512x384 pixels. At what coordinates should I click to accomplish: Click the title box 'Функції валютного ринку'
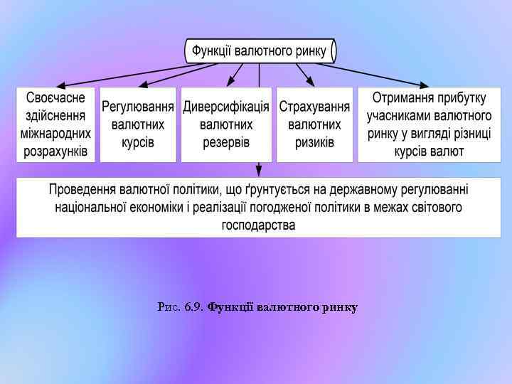click(x=260, y=51)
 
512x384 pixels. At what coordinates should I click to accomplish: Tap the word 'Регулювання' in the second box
click(x=138, y=107)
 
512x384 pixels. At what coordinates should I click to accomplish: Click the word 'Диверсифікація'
click(x=226, y=107)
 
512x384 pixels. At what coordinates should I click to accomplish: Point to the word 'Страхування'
click(x=314, y=107)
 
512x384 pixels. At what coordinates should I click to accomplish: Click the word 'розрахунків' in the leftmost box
click(x=55, y=151)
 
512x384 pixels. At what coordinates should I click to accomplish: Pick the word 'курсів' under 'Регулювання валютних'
click(x=138, y=142)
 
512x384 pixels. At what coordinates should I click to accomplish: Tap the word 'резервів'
click(x=226, y=142)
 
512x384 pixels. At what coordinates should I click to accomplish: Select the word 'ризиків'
click(x=314, y=142)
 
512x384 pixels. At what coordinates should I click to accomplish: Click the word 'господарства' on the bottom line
click(x=259, y=225)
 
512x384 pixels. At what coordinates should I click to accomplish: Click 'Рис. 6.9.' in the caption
click(x=181, y=307)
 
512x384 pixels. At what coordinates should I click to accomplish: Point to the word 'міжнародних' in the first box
click(x=55, y=133)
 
